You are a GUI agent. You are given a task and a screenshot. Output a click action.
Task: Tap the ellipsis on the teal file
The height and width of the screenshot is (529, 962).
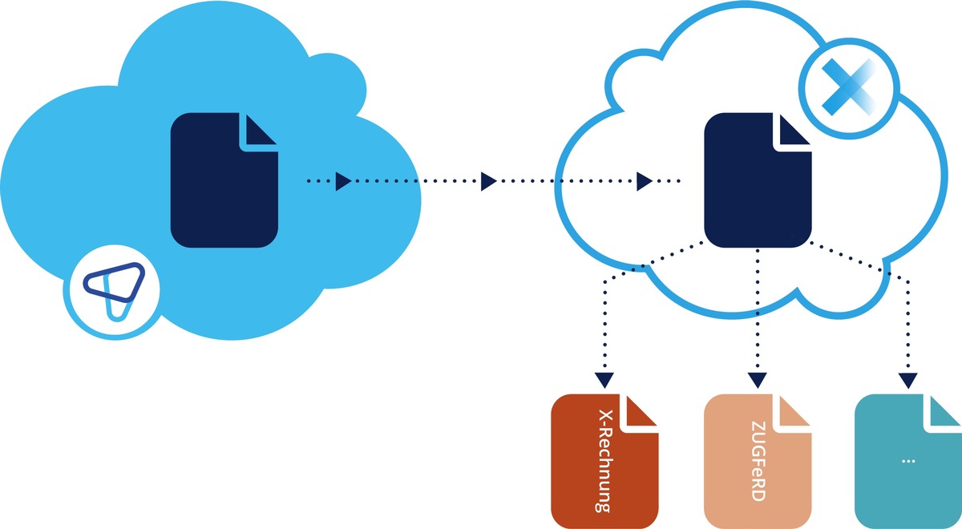(x=908, y=461)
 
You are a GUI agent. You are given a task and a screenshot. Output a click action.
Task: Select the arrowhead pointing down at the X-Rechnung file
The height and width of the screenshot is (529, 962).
(x=604, y=378)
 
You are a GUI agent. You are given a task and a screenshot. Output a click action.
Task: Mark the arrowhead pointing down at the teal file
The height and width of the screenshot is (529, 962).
(x=907, y=378)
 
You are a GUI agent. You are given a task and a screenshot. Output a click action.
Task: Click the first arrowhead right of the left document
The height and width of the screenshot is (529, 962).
(x=342, y=181)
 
